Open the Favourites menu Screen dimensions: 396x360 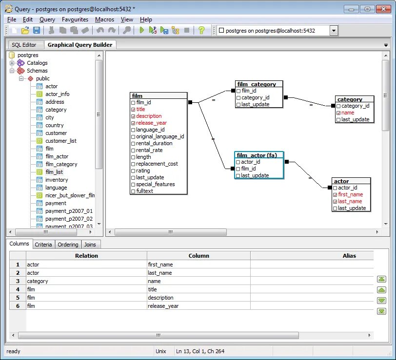(x=75, y=19)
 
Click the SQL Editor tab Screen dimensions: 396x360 (x=24, y=45)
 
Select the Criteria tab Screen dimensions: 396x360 (x=43, y=245)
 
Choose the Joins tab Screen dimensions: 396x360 (x=90, y=245)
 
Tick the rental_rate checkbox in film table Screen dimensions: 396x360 (x=133, y=151)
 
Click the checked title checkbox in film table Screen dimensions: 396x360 (x=133, y=110)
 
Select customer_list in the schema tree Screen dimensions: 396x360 (x=61, y=141)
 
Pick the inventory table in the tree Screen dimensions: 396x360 (x=57, y=180)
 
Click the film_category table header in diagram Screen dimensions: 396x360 (x=257, y=84)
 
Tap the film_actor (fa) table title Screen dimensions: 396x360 (x=257, y=155)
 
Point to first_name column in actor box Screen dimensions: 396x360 (x=350, y=194)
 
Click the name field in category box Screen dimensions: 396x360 (x=348, y=113)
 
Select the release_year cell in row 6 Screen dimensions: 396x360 (x=163, y=306)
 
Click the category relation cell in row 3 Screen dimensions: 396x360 (x=38, y=281)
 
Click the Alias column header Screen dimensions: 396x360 (x=349, y=255)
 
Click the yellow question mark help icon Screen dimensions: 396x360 (x=201, y=31)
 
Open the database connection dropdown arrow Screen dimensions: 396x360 (x=334, y=31)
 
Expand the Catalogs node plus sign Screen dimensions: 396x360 (x=12, y=63)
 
